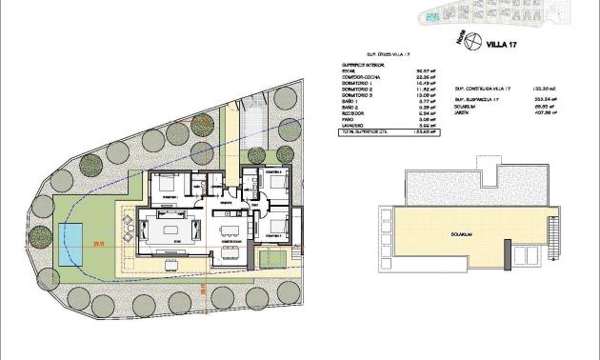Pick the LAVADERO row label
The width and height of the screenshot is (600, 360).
coord(352,126)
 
